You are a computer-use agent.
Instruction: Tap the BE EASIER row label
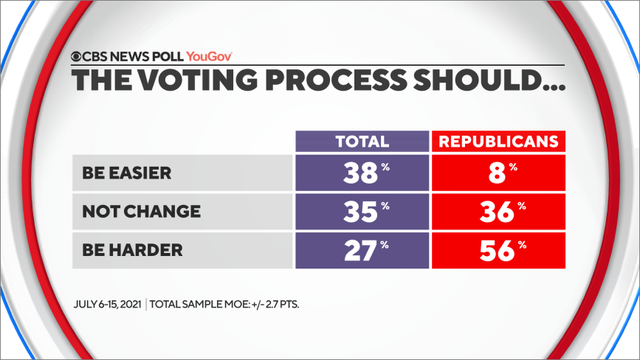click(126, 173)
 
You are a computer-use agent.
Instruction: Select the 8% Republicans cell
click(495, 173)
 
